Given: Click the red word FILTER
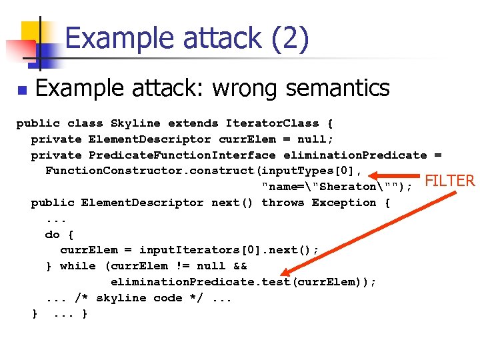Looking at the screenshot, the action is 449,181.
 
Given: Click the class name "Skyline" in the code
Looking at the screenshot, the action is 135,123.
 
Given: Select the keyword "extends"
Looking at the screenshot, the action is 193,123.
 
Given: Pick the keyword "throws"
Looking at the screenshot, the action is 287,203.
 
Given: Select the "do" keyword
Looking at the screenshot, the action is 52,234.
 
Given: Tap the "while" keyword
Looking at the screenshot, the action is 77,266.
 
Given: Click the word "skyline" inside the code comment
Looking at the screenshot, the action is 121,298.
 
